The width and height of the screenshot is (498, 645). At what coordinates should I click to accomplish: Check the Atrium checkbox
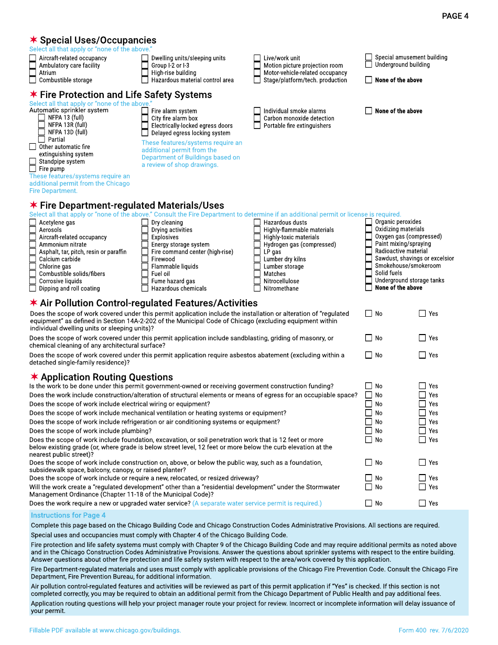pyautogui.click(x=33, y=73)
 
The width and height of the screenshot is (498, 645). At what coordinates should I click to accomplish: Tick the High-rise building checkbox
pyautogui.click(x=145, y=73)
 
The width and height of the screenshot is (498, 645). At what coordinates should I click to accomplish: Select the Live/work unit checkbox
pyautogui.click(x=257, y=58)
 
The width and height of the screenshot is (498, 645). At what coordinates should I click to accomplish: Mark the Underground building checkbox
pyautogui.click(x=369, y=64)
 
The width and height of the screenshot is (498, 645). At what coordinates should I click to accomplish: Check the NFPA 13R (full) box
pyautogui.click(x=41, y=125)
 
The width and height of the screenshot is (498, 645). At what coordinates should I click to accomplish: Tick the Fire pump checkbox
pyautogui.click(x=33, y=169)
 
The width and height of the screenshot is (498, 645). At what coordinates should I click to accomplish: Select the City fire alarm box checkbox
pyautogui.click(x=145, y=119)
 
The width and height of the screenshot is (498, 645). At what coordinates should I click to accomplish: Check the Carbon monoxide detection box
pyautogui.click(x=257, y=119)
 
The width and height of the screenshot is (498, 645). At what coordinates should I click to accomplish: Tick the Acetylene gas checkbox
pyautogui.click(x=33, y=223)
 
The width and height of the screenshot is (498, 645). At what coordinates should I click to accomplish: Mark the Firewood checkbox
pyautogui.click(x=145, y=259)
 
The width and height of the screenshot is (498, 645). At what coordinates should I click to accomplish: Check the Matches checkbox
pyautogui.click(x=257, y=274)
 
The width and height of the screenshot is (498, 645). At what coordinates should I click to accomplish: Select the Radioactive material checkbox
pyautogui.click(x=369, y=251)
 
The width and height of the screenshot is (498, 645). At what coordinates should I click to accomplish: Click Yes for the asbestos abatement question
pyautogui.click(x=422, y=355)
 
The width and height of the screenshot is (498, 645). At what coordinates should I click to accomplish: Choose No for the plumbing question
pyautogui.click(x=369, y=431)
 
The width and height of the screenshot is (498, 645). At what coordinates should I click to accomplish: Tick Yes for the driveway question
pyautogui.click(x=422, y=478)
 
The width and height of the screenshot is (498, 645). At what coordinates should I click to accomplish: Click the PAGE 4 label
pyautogui.click(x=455, y=16)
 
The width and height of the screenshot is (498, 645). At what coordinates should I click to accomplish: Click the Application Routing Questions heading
pyautogui.click(x=106, y=377)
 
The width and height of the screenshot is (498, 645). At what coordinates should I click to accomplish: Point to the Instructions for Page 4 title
pyautogui.click(x=68, y=515)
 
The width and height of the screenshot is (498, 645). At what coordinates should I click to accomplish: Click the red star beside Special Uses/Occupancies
pyautogui.click(x=34, y=40)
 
